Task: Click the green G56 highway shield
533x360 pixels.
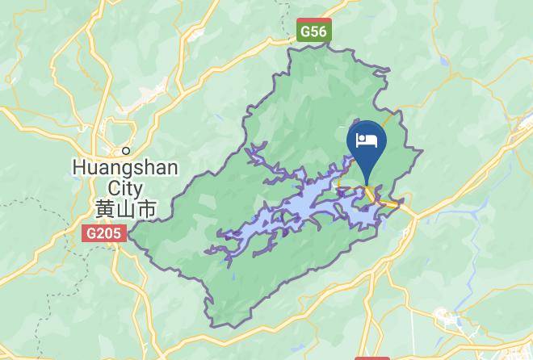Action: [313, 31]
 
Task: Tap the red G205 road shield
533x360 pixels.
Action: [103, 233]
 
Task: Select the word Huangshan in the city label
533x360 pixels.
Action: [125, 168]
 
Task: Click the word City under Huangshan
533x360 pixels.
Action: [125, 187]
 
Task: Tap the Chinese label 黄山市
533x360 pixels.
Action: [125, 208]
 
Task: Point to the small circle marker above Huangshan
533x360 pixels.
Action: [126, 150]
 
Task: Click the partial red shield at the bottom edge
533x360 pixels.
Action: [371, 356]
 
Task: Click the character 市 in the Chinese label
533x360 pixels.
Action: [146, 208]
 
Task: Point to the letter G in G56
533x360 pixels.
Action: [304, 31]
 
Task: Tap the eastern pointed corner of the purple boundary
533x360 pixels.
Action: [423, 151]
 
